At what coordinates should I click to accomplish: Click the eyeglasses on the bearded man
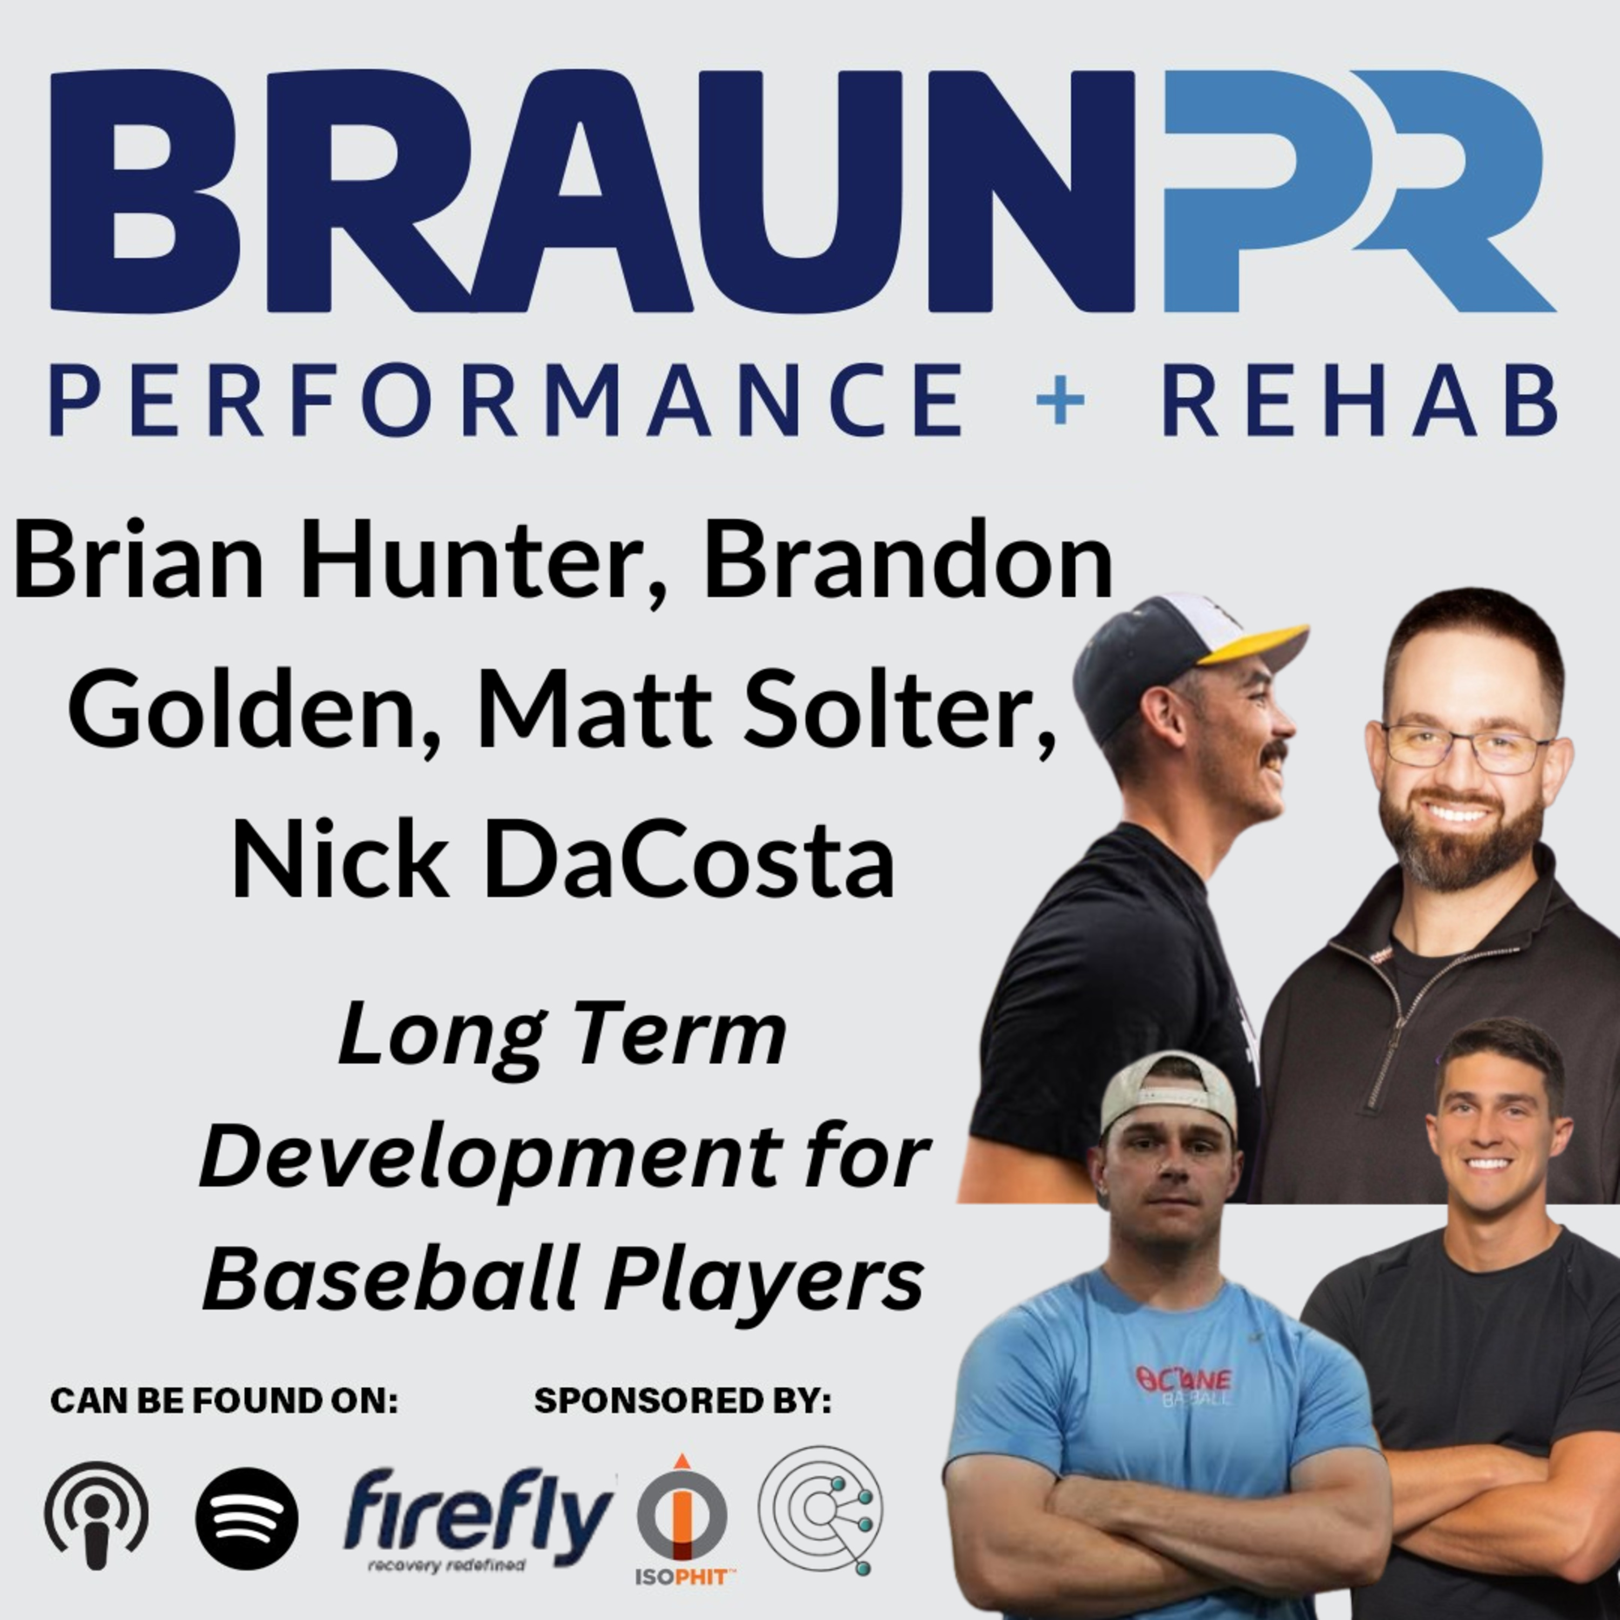(x=1466, y=746)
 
